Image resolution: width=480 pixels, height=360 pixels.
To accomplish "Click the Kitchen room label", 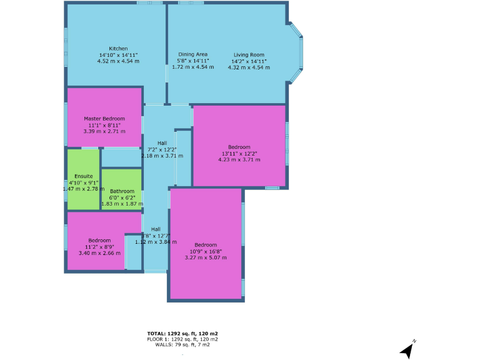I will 118,49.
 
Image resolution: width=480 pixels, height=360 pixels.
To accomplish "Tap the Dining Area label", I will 192,54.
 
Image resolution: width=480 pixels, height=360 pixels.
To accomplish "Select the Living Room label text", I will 249,55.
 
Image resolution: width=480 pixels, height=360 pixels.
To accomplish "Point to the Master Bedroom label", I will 104,118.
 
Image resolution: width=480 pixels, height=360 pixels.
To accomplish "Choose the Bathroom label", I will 122,191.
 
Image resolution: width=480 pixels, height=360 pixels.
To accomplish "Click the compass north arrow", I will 407,350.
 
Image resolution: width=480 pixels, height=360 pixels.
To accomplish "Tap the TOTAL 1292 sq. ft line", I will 182,334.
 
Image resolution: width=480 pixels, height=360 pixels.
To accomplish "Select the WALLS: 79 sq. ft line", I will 182,344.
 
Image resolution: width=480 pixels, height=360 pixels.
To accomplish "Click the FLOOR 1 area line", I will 182,339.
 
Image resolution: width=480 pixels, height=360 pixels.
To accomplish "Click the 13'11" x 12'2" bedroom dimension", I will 239,153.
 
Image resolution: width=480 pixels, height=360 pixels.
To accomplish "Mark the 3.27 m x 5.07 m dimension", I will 206,257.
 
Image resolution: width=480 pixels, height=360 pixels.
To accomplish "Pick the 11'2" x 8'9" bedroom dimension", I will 99,246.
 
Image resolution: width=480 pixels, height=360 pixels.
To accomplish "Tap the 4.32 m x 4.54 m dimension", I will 249,67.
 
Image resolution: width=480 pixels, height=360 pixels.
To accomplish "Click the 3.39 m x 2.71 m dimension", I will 104,131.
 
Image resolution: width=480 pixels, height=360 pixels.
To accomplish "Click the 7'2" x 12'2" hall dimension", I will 162,149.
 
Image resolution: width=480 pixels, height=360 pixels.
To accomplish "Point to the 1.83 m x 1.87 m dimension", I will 122,204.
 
